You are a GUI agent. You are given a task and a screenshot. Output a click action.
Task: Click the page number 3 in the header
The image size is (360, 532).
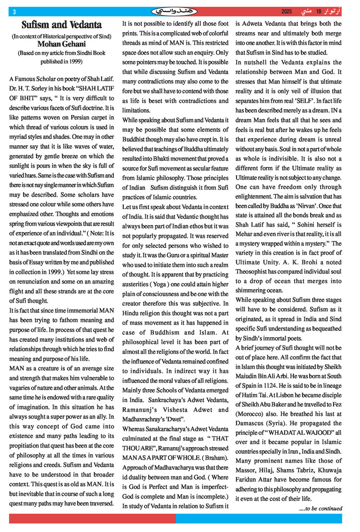coord(14,11)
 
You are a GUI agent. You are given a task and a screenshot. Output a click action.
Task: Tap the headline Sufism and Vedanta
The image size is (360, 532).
coord(61,24)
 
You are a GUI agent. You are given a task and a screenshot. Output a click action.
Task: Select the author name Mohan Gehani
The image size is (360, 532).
coord(61,45)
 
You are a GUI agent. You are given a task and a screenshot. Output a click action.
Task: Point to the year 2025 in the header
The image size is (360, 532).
coord(287,11)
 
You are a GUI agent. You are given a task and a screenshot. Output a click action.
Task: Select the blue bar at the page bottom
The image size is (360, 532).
coord(259,519)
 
